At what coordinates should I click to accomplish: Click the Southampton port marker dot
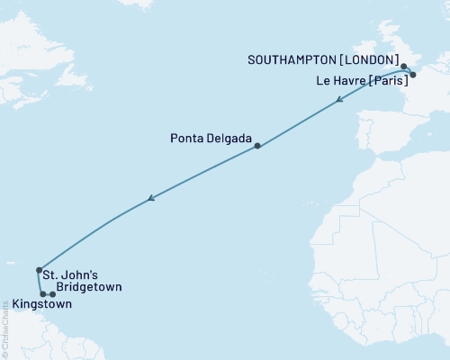pyautogui.click(x=404, y=67)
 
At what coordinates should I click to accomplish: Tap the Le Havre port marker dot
pyautogui.click(x=413, y=76)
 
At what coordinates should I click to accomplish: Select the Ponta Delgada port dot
pyautogui.click(x=257, y=146)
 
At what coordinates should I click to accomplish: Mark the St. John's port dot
pyautogui.click(x=39, y=270)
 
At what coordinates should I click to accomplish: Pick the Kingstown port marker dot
pyautogui.click(x=42, y=294)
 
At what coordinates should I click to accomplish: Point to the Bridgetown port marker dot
pyautogui.click(x=53, y=294)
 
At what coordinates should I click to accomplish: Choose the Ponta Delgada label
pyautogui.click(x=210, y=139)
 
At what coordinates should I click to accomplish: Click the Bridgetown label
pyautogui.click(x=88, y=287)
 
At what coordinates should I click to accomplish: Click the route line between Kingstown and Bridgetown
pyautogui.click(x=48, y=294)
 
